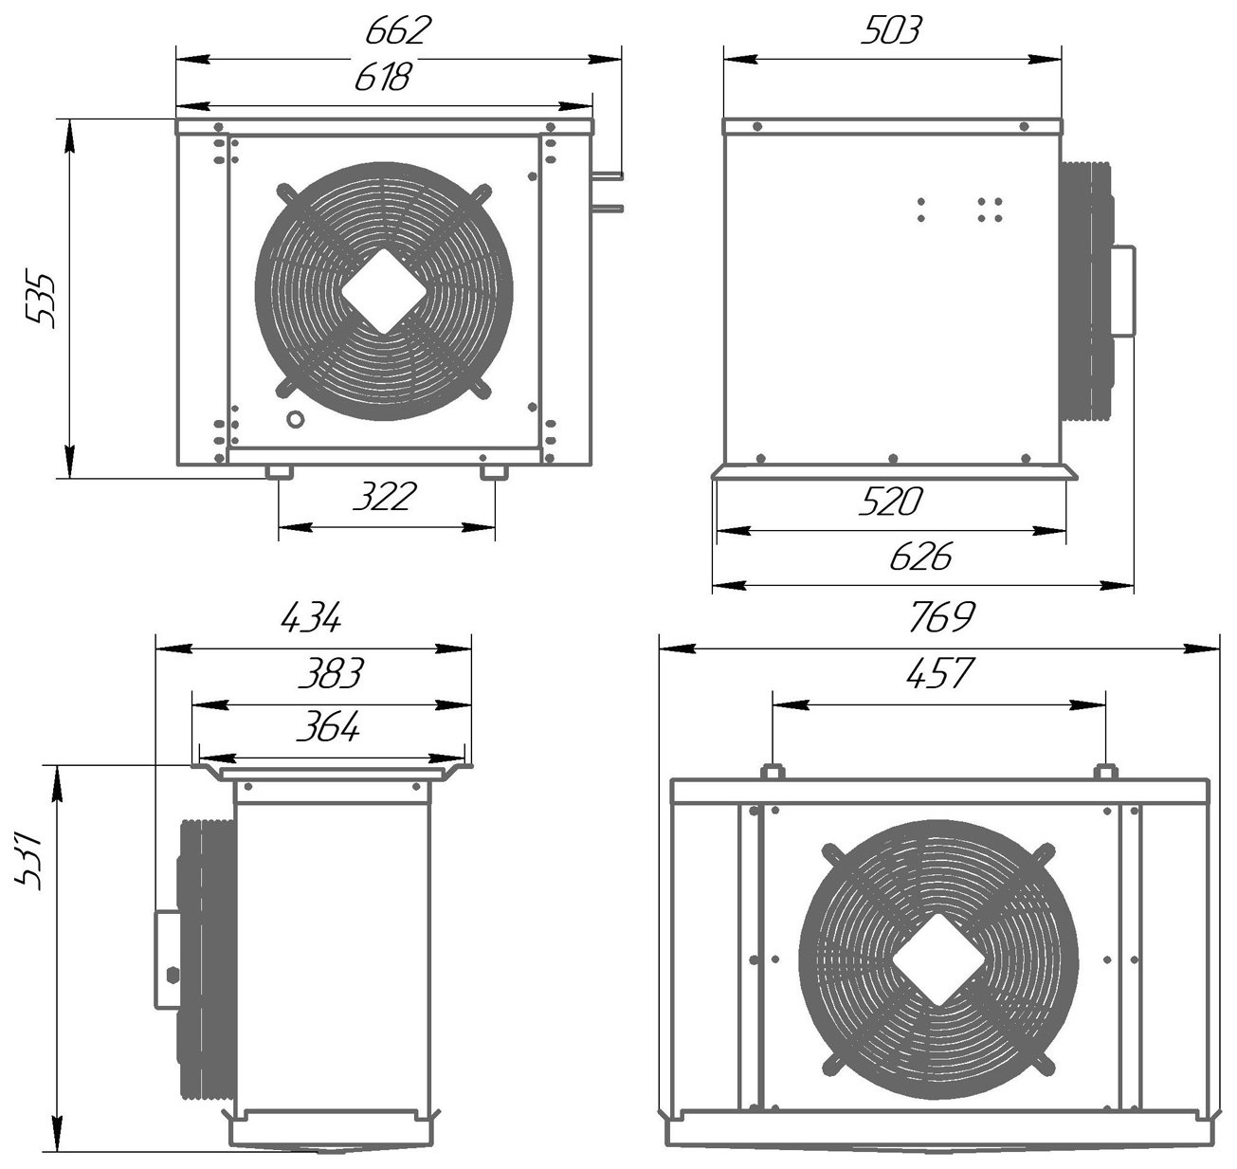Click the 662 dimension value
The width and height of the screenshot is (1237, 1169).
point(397,31)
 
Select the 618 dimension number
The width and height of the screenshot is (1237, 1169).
point(384,77)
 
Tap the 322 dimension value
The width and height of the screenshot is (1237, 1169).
point(384,497)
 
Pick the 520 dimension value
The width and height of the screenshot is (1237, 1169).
point(890,502)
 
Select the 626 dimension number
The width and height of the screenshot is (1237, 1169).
point(920,557)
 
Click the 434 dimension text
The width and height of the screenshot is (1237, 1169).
point(311,619)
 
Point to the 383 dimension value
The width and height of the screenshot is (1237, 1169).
point(330,674)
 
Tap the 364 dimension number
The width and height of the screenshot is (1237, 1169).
point(328,727)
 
